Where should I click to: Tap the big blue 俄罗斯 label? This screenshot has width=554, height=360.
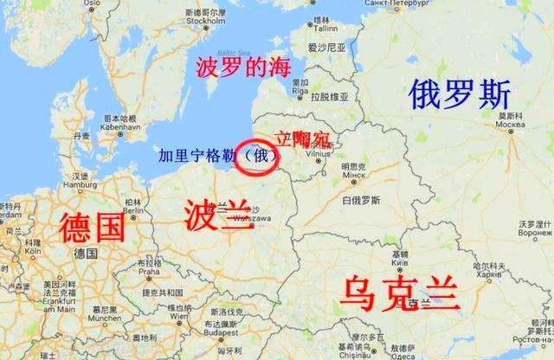coord(461,93)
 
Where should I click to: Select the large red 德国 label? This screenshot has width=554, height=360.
coord(92,228)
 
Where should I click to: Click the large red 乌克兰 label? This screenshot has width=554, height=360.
coord(399,294)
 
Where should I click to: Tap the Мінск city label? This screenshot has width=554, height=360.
coord(355,173)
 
